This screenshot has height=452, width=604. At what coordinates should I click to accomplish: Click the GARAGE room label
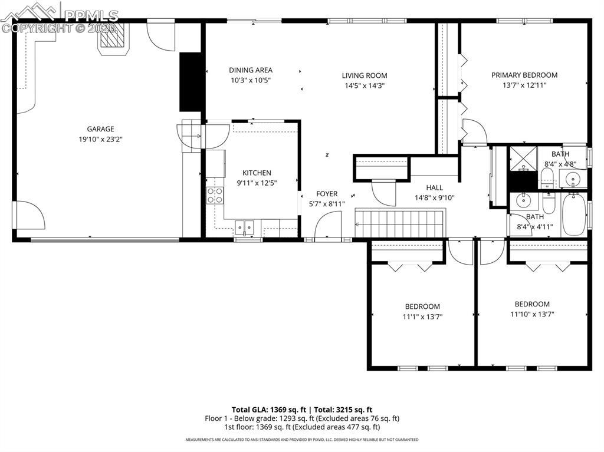pos(100,129)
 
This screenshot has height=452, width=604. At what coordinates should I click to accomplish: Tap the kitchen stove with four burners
pos(215,195)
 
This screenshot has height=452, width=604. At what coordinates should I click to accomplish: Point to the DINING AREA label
pos(251,70)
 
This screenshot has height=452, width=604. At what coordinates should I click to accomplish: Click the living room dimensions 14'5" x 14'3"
pos(365,85)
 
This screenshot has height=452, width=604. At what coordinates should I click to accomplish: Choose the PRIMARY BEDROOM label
pos(524,75)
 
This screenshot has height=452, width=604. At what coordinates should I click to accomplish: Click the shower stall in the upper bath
pos(523,157)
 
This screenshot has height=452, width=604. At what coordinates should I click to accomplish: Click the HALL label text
pos(434,188)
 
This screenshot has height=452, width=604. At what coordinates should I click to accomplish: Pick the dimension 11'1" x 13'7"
pos(422,316)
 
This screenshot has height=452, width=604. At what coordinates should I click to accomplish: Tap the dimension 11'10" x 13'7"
pos(531,314)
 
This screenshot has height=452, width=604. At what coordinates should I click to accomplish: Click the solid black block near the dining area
pos(191,82)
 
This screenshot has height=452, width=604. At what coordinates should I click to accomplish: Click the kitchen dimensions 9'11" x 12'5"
pos(257,183)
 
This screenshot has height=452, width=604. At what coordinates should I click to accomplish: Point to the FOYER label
pos(327,194)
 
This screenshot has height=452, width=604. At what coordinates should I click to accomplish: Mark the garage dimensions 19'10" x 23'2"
pos(100,140)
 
